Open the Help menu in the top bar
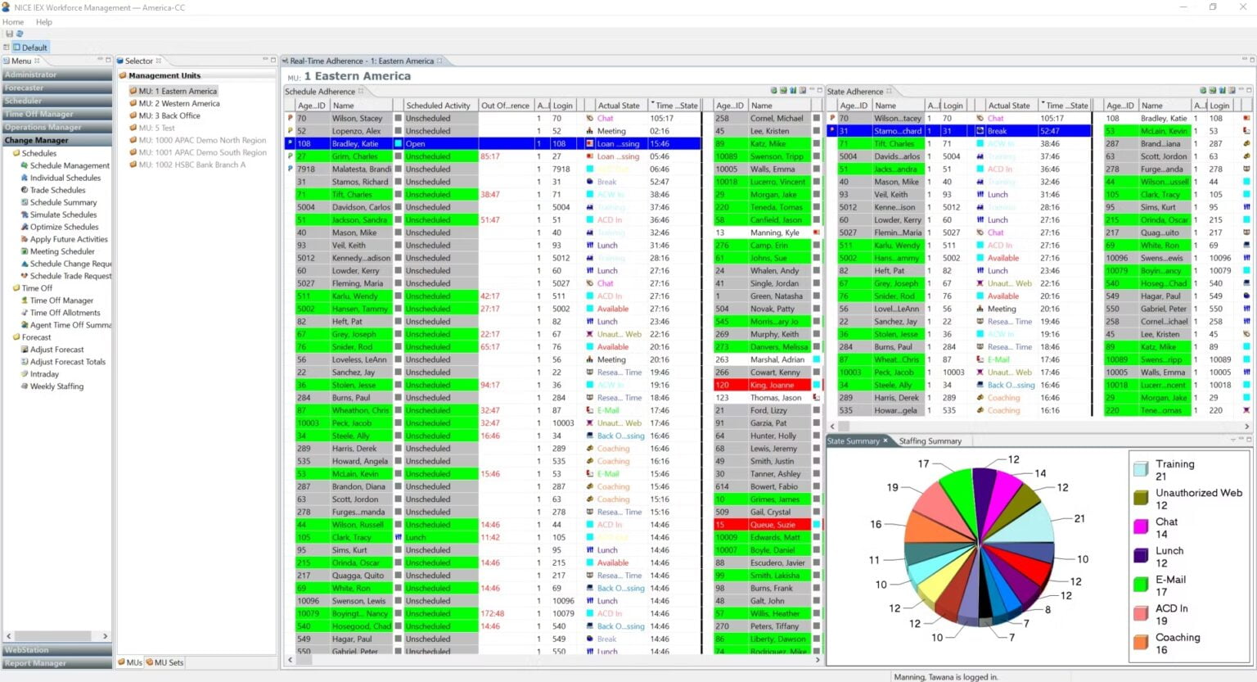click(x=44, y=22)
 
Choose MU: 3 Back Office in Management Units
click(x=169, y=116)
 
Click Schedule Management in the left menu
click(x=70, y=165)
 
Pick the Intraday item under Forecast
click(x=44, y=374)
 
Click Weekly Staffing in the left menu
click(x=56, y=386)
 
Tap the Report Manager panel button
click(x=35, y=663)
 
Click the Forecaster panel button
click(x=25, y=88)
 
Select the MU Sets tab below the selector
click(x=169, y=662)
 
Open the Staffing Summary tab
click(x=930, y=441)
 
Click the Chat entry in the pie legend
click(x=1166, y=522)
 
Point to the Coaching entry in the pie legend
click(x=1178, y=638)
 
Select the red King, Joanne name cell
click(x=771, y=385)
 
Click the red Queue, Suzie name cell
click(x=772, y=525)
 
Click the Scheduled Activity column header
click(x=438, y=106)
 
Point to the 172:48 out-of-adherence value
click(x=492, y=613)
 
